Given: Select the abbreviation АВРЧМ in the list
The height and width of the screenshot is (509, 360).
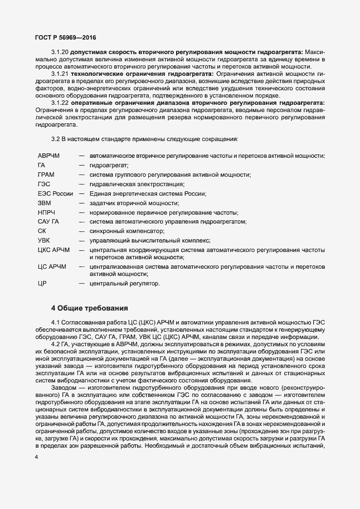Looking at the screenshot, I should click(48, 156).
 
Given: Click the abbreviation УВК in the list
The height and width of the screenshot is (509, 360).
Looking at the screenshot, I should click(44, 241).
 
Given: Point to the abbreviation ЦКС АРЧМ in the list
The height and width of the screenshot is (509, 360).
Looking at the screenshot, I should click(54, 250).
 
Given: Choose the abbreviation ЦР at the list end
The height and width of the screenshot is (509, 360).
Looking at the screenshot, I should click(42, 284).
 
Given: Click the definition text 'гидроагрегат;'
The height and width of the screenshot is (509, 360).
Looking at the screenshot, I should click(109, 165).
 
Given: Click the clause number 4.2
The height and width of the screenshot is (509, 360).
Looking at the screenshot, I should click(57, 343).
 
